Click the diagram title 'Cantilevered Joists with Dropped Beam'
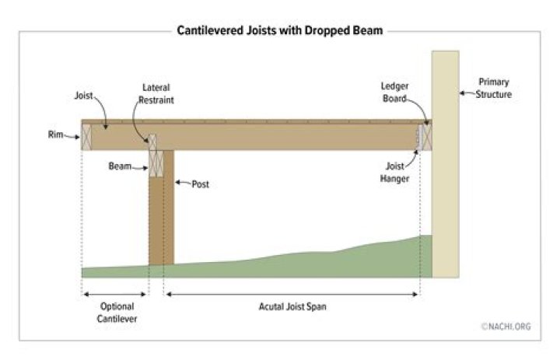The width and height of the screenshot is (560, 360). pyautogui.click(x=280, y=31)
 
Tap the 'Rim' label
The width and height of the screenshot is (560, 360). pyautogui.click(x=55, y=135)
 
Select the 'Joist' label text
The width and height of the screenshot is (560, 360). pyautogui.click(x=83, y=96)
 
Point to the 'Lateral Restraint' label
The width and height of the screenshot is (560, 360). pyautogui.click(x=156, y=93)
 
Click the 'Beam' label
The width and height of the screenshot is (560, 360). pyautogui.click(x=120, y=166)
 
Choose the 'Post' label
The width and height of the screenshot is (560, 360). pyautogui.click(x=201, y=184)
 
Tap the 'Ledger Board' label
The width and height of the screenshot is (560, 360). pyautogui.click(x=394, y=93)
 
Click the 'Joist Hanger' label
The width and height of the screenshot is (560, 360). pyautogui.click(x=394, y=172)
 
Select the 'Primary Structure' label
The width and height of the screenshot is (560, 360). pyautogui.click(x=494, y=88)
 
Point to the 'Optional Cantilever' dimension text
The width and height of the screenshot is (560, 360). pyautogui.click(x=117, y=313)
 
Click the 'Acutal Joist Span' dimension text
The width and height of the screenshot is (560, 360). pyautogui.click(x=292, y=307)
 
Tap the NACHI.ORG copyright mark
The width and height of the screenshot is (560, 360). pyautogui.click(x=506, y=327)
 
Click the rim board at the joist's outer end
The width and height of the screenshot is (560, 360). pyautogui.click(x=86, y=137)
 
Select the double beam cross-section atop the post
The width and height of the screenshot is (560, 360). pyautogui.click(x=156, y=163)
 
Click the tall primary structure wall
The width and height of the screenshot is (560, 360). pyautogui.click(x=446, y=164)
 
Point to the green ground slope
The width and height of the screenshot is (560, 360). pyautogui.click(x=257, y=266)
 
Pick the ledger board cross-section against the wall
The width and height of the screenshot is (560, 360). pyautogui.click(x=427, y=137)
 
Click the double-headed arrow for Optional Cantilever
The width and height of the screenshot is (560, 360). pyautogui.click(x=114, y=294)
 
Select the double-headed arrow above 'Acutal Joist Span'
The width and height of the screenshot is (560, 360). pyautogui.click(x=292, y=294)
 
